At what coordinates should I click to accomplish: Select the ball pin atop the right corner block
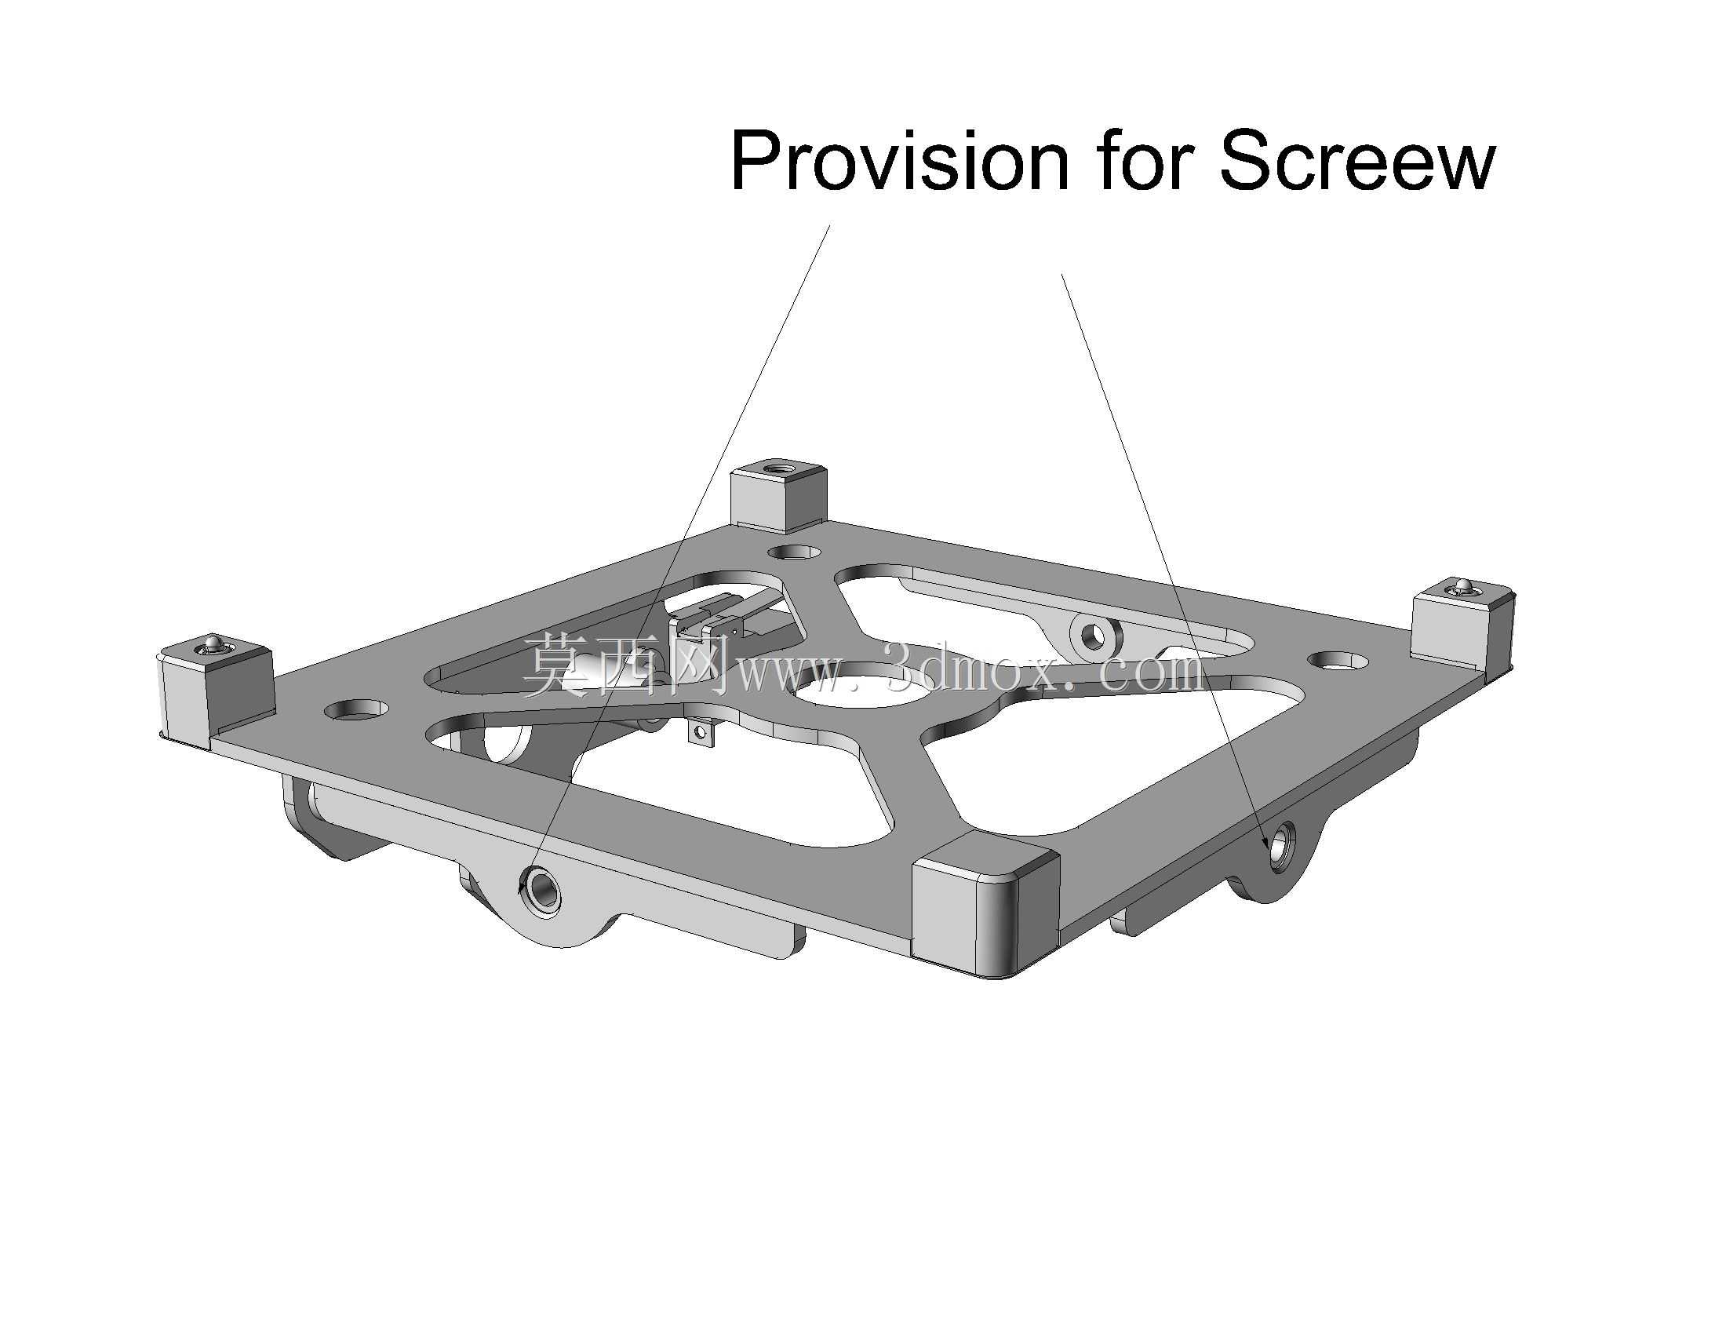pyautogui.click(x=1464, y=585)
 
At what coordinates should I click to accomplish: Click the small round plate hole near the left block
pyautogui.click(x=357, y=709)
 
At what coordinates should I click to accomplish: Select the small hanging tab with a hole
pyautogui.click(x=701, y=731)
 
